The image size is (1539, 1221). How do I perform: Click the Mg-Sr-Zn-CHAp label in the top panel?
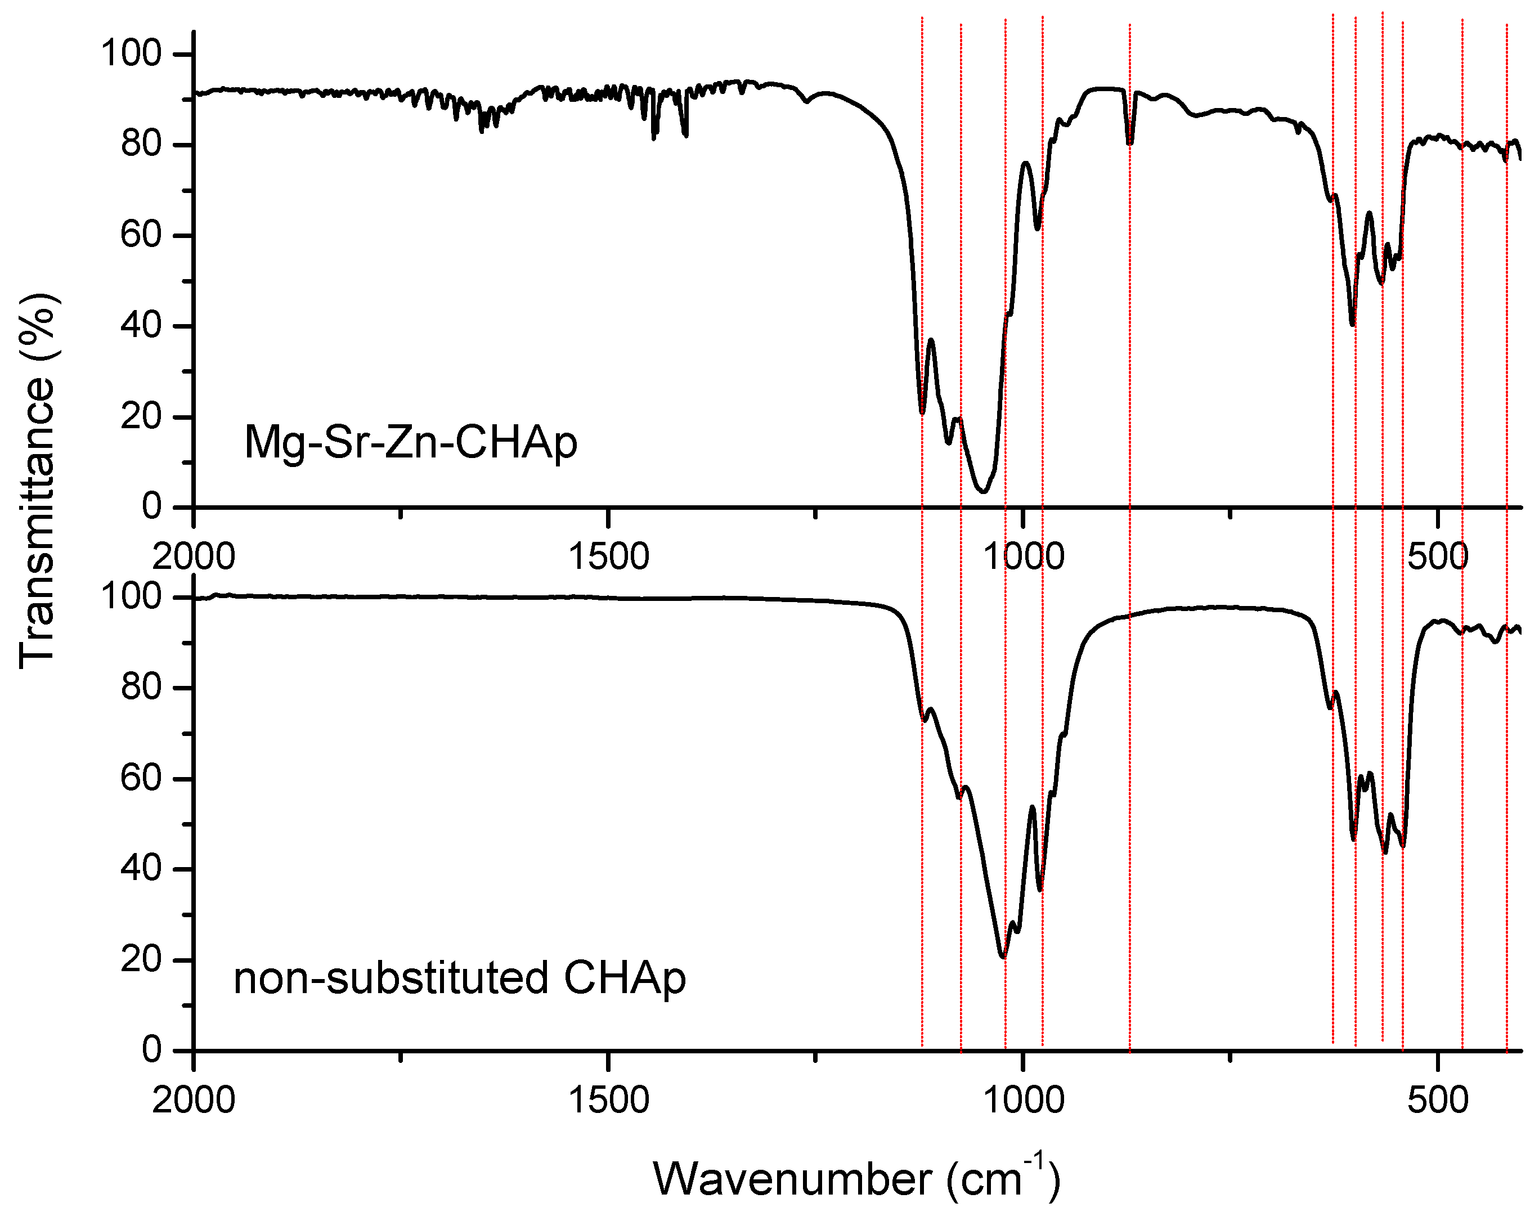[410, 442]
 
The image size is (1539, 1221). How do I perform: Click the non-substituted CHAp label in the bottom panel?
[459, 978]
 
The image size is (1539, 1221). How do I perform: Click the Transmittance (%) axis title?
[37, 482]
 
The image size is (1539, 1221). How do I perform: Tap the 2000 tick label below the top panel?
[194, 556]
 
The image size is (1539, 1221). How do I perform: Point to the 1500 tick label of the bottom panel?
[608, 1099]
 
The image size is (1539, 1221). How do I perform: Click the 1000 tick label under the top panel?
[1024, 556]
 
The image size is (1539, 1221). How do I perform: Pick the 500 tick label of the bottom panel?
[1438, 1099]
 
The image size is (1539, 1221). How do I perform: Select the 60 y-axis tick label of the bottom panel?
[141, 778]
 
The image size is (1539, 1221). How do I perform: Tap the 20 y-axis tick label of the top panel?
[141, 417]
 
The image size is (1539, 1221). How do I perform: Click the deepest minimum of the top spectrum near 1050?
[983, 492]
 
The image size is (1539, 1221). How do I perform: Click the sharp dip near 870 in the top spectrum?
[1130, 143]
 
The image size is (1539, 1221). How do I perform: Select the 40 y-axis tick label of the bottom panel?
[141, 868]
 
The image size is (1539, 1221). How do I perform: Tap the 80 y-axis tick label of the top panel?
[141, 145]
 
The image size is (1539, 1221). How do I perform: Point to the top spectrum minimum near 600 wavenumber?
[1352, 325]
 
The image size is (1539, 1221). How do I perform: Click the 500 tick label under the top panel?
[1438, 556]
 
